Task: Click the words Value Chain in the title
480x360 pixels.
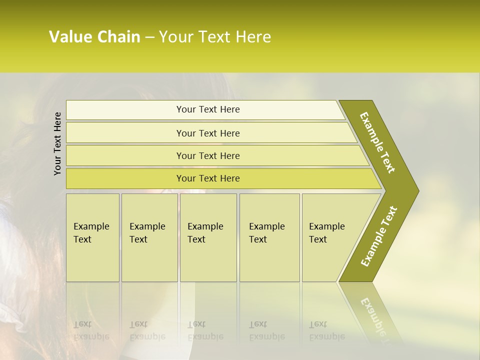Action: point(94,37)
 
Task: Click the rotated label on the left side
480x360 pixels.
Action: point(57,143)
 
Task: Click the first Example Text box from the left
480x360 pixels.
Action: point(92,237)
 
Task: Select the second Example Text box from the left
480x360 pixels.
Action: point(149,237)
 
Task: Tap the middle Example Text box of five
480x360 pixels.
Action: point(207,237)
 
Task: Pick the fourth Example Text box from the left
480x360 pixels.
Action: point(269,237)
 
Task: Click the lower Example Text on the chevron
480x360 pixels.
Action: point(379,236)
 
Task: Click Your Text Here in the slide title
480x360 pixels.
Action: point(215,37)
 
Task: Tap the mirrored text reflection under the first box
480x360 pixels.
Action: point(91,330)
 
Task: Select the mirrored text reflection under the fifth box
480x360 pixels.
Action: point(326,330)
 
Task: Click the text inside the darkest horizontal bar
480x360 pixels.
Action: point(208,178)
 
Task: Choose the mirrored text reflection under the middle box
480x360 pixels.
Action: point(205,330)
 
